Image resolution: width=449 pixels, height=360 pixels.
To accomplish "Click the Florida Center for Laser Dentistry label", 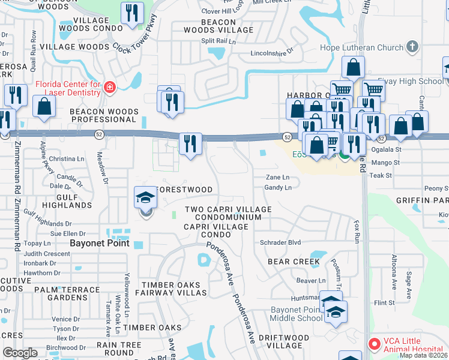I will (x=67, y=88).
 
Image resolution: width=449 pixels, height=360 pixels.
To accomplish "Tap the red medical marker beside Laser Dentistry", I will (x=109, y=88).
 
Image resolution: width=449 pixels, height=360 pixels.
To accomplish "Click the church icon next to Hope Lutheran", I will (x=412, y=46).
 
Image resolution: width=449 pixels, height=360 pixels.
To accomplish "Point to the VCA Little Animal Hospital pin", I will (x=374, y=344).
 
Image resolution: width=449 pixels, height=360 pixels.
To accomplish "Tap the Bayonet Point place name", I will (x=99, y=243).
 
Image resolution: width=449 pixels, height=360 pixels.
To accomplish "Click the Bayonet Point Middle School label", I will (x=297, y=314).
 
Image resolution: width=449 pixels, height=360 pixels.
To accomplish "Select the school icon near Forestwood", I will (x=145, y=197).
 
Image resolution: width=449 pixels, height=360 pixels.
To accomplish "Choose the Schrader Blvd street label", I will (x=280, y=242).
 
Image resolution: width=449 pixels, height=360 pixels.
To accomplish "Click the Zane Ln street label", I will (x=277, y=178).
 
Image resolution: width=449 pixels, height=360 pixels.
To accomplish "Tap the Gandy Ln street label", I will (x=277, y=188).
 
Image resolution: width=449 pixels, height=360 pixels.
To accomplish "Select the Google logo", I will (x=20, y=352).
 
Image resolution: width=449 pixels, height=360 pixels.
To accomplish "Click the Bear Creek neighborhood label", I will (x=294, y=262).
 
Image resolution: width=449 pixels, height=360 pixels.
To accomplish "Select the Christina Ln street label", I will (x=67, y=158).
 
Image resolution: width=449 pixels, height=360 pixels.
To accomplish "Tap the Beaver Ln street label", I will (x=311, y=280).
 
